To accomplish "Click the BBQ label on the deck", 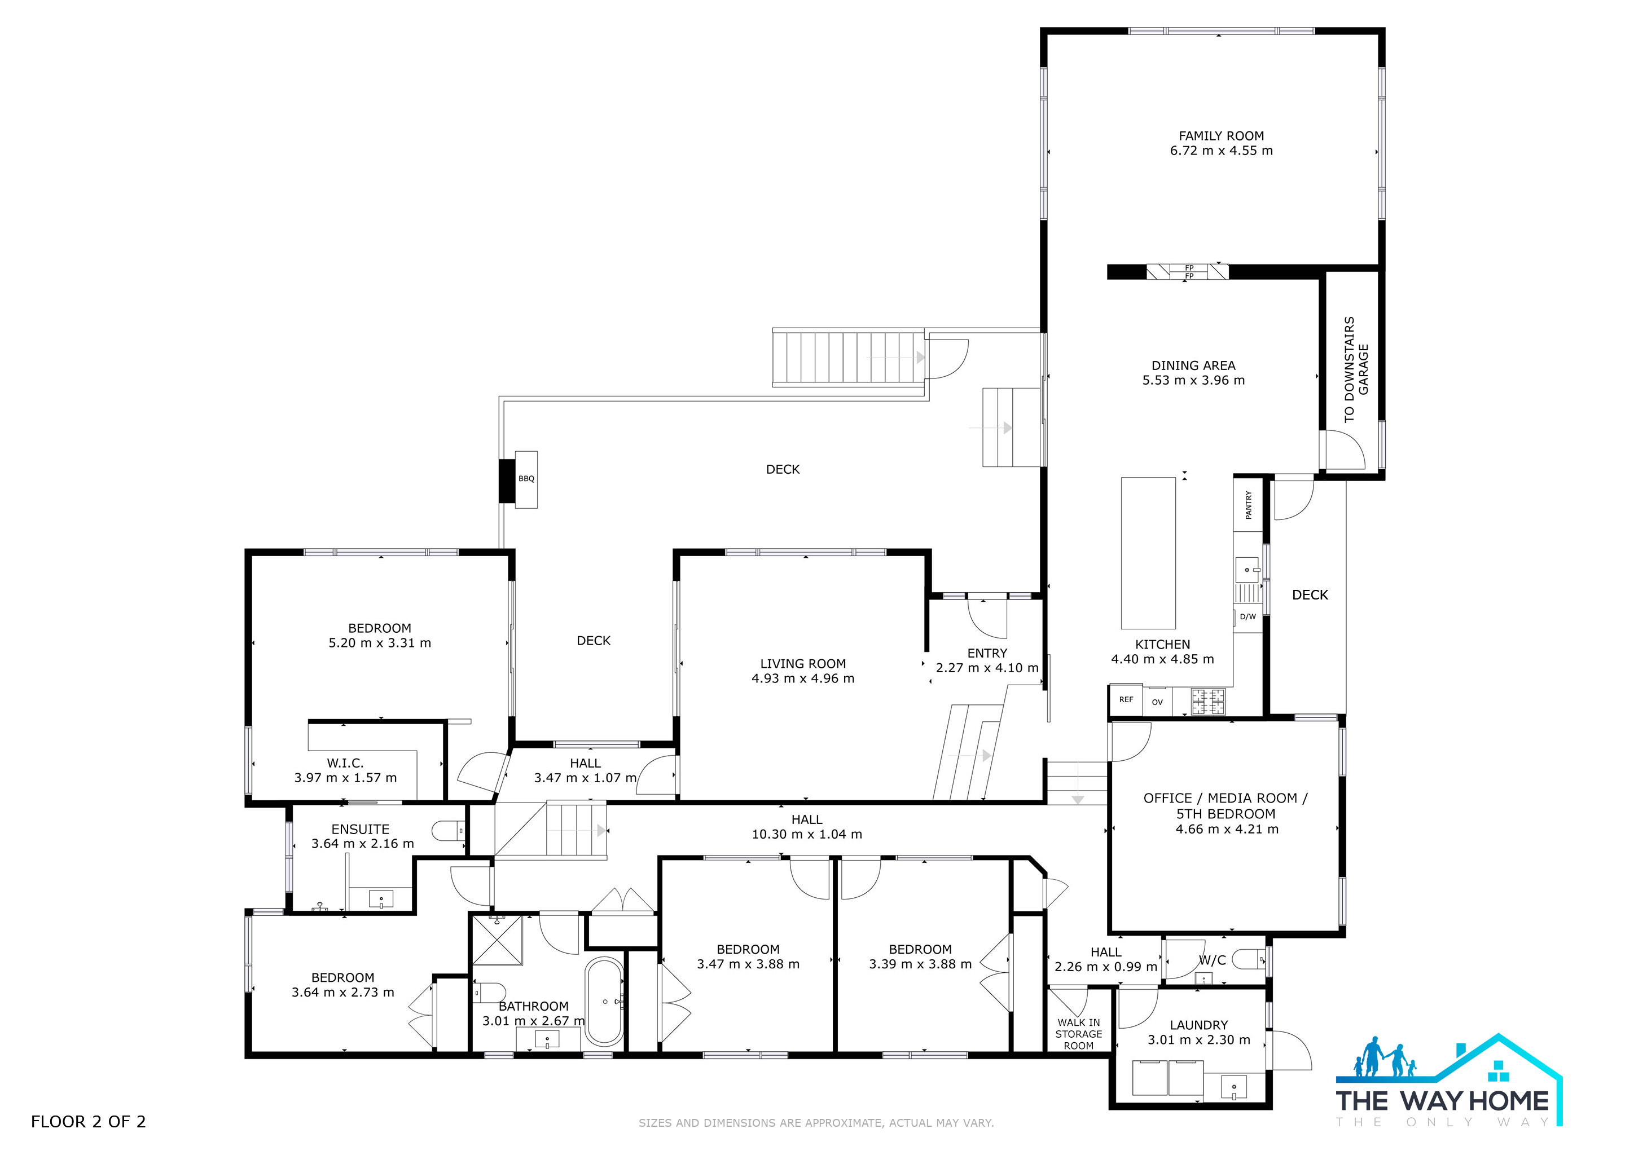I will [x=526, y=479].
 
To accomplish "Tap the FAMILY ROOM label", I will [x=1221, y=136].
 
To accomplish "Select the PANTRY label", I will [x=1248, y=504].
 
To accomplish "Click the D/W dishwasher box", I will [x=1248, y=616].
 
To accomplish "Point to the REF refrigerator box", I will [x=1126, y=700].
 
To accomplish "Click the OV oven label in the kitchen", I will [x=1157, y=702].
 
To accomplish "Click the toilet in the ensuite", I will [x=449, y=830].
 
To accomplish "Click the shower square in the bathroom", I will [x=498, y=940].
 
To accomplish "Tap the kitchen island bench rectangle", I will [x=1148, y=553].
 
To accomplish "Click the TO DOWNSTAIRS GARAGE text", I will [x=1356, y=369].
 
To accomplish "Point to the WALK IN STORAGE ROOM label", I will [x=1078, y=1034].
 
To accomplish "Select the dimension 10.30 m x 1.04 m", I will [x=806, y=834].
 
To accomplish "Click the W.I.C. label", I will [x=345, y=763].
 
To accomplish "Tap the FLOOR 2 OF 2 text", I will [x=88, y=1122].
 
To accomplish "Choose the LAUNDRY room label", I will [x=1198, y=1025].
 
